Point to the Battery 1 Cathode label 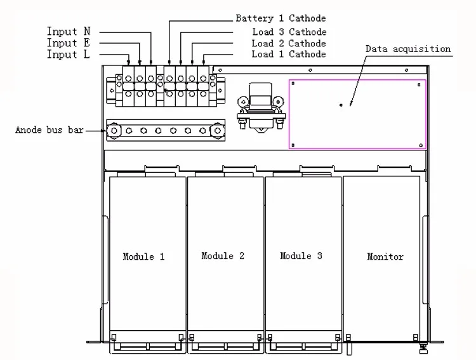click(281, 18)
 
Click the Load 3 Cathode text click(289, 32)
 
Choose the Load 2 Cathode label click(289, 43)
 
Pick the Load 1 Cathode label click(289, 55)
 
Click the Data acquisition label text click(408, 49)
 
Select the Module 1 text click(143, 257)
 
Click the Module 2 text click(223, 256)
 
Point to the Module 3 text click(301, 256)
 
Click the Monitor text click(385, 257)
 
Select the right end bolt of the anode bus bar click(217, 131)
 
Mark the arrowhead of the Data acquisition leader click(341, 105)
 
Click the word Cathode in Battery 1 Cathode click(308, 18)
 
